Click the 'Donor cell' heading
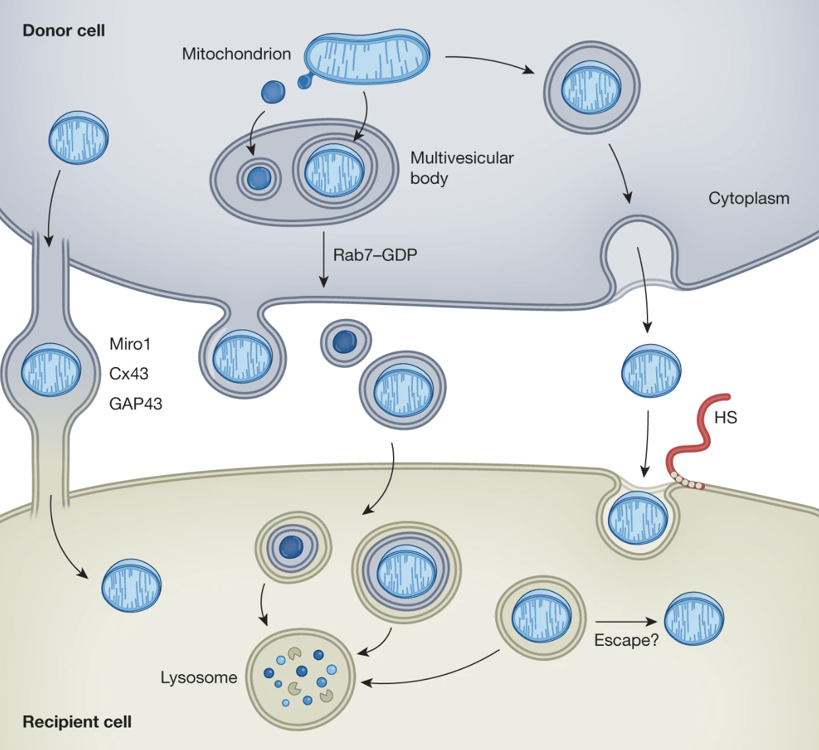pyautogui.click(x=63, y=30)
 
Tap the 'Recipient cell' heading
pyautogui.click(x=77, y=722)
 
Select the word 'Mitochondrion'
pyautogui.click(x=236, y=54)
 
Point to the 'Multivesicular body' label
pyautogui.click(x=461, y=167)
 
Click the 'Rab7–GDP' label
pyautogui.click(x=375, y=255)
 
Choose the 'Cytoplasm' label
pyautogui.click(x=748, y=198)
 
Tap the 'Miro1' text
pyautogui.click(x=130, y=344)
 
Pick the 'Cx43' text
pyautogui.click(x=129, y=374)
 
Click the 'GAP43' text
pyautogui.click(x=135, y=403)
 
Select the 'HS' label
pyautogui.click(x=725, y=418)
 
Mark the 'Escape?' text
pyautogui.click(x=626, y=640)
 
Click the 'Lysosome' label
pyautogui.click(x=198, y=678)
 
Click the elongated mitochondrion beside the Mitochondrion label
pyautogui.click(x=368, y=56)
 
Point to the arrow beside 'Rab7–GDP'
pyautogui.click(x=323, y=259)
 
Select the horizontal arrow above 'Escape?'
pyautogui.click(x=626, y=621)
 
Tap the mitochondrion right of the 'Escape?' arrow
pyautogui.click(x=694, y=618)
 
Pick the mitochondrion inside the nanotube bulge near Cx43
pyautogui.click(x=51, y=370)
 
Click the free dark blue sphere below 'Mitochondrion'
pyautogui.click(x=273, y=92)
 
